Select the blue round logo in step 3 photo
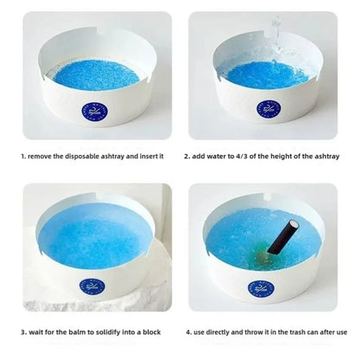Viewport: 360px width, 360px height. [92, 287]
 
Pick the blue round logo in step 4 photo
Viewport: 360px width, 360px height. [260, 289]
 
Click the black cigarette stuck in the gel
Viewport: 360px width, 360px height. [283, 237]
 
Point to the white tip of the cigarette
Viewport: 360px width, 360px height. [294, 224]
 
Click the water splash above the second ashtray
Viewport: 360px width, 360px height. [275, 37]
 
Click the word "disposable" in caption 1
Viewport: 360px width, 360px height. [82, 157]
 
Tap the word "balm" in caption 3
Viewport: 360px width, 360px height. [77, 332]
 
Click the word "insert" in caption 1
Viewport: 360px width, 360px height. [148, 157]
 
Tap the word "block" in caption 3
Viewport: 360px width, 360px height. [151, 332]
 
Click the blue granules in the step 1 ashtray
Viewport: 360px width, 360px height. [97, 75]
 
